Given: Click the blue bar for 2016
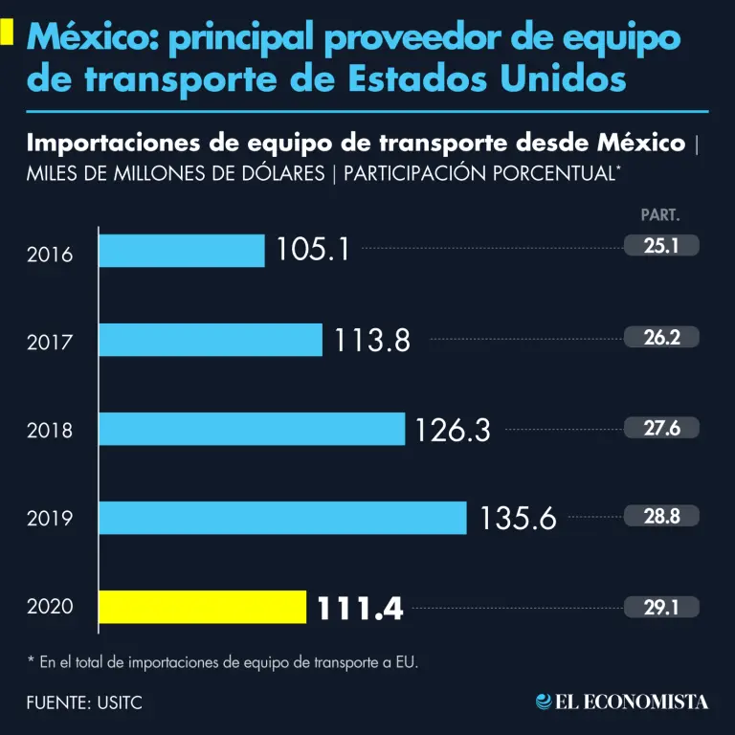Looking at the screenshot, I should [182, 251].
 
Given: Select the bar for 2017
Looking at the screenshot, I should [211, 339].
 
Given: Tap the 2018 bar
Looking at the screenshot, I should [252, 429].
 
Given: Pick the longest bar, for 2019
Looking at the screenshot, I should [282, 518].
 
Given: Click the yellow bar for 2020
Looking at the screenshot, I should [202, 607].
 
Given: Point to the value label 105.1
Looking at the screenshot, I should [313, 250].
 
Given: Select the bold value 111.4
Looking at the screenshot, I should [359, 608].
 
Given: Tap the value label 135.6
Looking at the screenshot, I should [518, 518].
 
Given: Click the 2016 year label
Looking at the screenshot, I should [50, 255].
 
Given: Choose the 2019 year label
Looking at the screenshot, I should [50, 521].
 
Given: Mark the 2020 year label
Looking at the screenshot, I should [50, 607].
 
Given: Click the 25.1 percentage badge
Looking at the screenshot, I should [661, 246].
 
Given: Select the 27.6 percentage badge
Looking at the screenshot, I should [661, 428].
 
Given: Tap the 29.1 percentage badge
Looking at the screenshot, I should [661, 607].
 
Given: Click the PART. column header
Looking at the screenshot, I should [660, 216].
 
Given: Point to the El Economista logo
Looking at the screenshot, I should [622, 702].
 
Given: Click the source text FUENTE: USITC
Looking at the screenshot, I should [85, 702].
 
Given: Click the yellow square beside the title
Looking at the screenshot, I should [7, 33].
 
